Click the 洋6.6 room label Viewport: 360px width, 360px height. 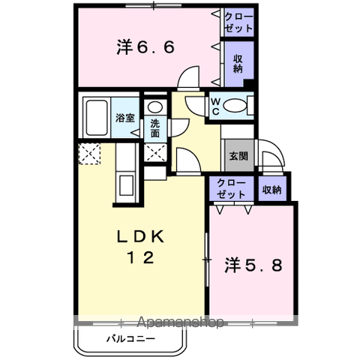pyautogui.click(x=145, y=47)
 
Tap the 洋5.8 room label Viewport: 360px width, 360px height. pyautogui.click(x=253, y=265)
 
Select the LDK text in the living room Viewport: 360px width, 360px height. pyautogui.click(x=141, y=236)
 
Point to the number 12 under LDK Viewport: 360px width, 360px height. pyautogui.click(x=141, y=257)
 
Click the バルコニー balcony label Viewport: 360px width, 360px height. pyautogui.click(x=131, y=339)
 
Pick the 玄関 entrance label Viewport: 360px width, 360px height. pyautogui.click(x=238, y=156)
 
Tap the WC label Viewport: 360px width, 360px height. pyautogui.click(x=216, y=106)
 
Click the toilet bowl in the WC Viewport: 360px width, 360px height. pyautogui.click(x=234, y=105)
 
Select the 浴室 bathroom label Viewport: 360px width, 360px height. pyautogui.click(x=125, y=118)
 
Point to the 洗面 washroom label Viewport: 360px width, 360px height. pyautogui.click(x=155, y=128)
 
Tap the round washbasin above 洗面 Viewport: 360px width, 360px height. pyautogui.click(x=155, y=107)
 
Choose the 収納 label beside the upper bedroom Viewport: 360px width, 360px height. pyautogui.click(x=238, y=64)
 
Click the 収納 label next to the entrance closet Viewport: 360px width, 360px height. pyautogui.click(x=271, y=190)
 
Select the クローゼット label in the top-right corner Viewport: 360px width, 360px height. pyautogui.click(x=238, y=22)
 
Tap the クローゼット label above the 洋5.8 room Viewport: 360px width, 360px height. pyautogui.click(x=231, y=189)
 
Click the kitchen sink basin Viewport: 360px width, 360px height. pyautogui.click(x=126, y=185)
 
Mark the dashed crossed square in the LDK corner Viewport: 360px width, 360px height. pyautogui.click(x=89, y=154)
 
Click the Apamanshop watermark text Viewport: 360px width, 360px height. pyautogui.click(x=181, y=322)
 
